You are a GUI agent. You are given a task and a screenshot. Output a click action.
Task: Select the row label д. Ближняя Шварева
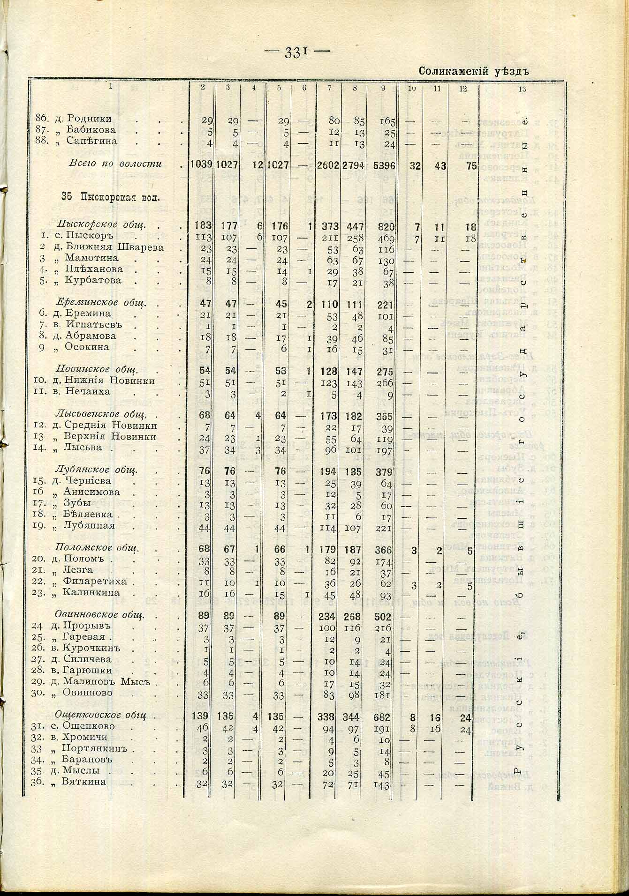(107, 247)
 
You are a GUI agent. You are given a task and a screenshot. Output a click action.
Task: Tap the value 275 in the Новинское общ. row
(385, 370)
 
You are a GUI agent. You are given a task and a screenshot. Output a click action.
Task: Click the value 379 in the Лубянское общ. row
(385, 471)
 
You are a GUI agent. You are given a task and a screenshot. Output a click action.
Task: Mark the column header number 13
(522, 90)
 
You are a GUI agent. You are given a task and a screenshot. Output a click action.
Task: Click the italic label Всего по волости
(115, 164)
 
